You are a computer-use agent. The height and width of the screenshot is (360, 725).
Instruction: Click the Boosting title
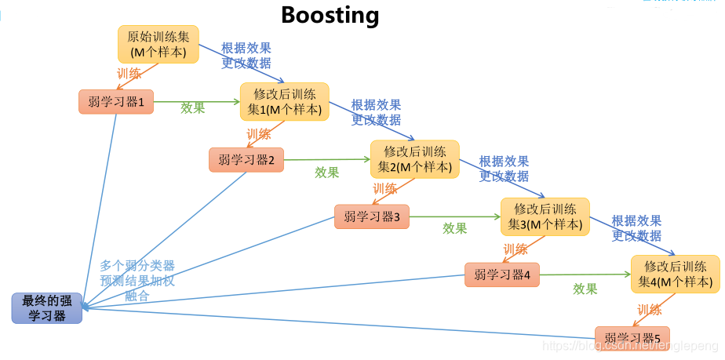point(330,14)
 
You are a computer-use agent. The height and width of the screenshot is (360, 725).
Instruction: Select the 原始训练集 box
point(158,44)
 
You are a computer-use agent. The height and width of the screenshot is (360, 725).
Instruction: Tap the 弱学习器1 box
point(115,102)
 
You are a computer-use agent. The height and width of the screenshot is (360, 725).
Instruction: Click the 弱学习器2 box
point(246,160)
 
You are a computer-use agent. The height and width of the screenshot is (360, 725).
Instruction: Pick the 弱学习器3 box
point(371,216)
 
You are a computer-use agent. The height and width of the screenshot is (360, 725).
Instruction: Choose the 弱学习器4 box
point(501,275)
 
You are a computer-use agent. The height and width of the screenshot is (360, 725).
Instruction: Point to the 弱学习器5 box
point(632,338)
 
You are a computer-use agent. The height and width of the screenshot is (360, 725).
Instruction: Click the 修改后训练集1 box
point(284,102)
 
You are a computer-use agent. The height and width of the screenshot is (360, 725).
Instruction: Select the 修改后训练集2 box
point(414,159)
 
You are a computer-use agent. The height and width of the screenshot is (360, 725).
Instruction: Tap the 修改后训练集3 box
point(545,216)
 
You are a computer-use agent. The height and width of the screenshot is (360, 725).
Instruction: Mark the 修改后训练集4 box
point(675,274)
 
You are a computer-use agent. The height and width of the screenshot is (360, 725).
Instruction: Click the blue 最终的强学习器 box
point(46,307)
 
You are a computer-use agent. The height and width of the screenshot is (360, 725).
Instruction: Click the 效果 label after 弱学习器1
point(192,108)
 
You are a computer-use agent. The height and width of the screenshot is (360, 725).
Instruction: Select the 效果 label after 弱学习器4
point(585,289)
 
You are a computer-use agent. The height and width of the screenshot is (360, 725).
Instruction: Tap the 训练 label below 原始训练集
point(129,75)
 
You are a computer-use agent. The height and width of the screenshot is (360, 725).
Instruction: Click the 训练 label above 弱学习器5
point(650,310)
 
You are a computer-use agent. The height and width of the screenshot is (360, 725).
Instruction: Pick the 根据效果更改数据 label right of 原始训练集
point(246,55)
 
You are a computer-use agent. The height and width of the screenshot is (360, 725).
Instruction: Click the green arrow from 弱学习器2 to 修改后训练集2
point(326,159)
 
